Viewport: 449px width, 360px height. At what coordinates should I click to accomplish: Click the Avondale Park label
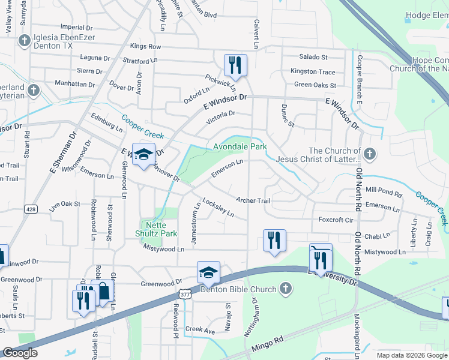[240, 146]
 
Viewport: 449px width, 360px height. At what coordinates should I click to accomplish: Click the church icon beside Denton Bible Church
[286, 289]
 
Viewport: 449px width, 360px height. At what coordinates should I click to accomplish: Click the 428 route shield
[31, 209]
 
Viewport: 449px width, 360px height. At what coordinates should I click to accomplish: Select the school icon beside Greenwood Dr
[208, 273]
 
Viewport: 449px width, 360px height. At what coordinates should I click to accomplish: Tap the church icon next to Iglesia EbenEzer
[25, 41]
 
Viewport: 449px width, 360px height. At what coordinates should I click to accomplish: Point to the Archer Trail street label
[254, 200]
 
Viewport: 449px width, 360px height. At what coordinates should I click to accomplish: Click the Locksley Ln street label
[218, 208]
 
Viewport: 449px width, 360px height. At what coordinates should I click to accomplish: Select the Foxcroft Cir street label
[336, 220]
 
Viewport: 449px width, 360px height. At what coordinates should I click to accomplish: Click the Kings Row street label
[146, 46]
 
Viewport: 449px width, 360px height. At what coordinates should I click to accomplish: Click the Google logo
[20, 353]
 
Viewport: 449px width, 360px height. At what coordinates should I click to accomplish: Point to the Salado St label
[313, 57]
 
